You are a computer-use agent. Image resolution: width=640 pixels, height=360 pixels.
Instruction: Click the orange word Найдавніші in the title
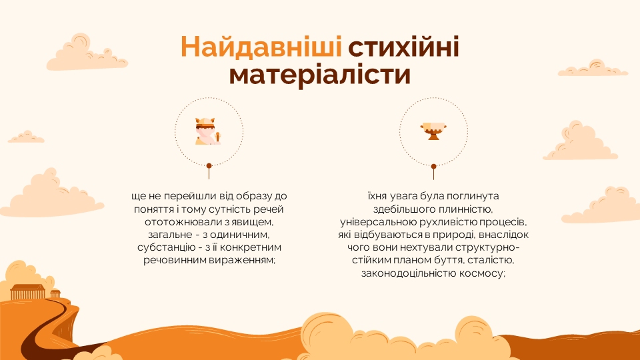point(261,47)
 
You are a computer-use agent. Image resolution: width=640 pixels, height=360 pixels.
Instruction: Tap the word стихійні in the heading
point(404,47)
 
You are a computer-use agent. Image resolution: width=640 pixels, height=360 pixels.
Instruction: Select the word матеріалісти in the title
point(319,75)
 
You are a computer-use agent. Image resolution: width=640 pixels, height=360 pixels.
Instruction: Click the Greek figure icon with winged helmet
point(208,131)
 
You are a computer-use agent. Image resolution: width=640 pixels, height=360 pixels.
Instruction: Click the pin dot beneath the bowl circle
point(433,167)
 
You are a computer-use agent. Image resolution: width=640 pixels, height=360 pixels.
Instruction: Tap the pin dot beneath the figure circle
point(209,166)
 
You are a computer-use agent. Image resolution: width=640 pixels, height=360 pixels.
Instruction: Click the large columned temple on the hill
point(27,292)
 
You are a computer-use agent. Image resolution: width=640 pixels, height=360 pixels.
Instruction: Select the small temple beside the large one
point(55,293)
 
